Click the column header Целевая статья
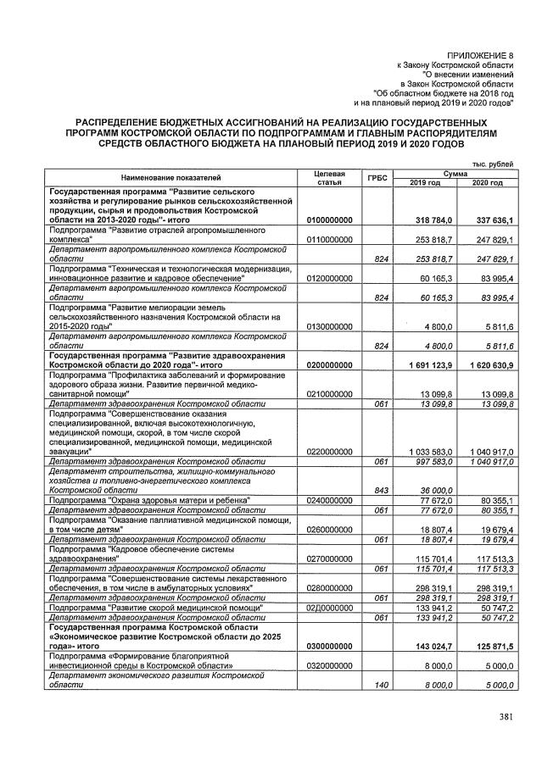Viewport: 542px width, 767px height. point(328,178)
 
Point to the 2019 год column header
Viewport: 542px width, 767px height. point(424,183)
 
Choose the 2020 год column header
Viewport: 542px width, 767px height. point(487,183)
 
